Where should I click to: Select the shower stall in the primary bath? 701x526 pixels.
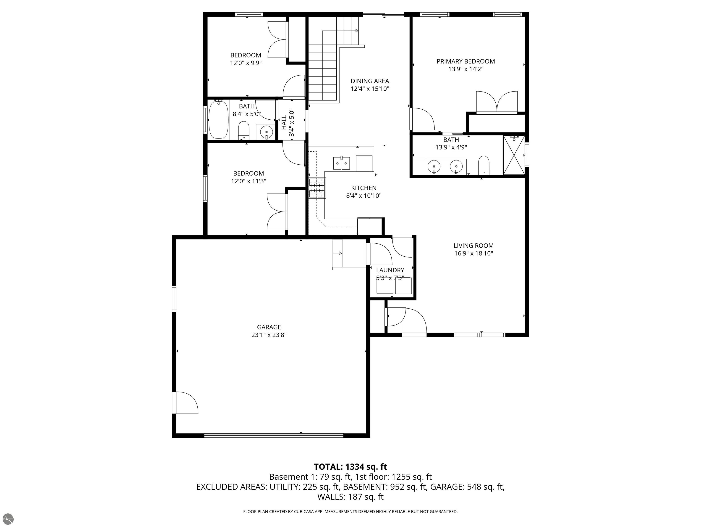(x=514, y=155)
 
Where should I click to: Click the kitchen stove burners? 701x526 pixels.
(x=317, y=188)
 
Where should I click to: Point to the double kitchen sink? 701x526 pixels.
(x=341, y=163)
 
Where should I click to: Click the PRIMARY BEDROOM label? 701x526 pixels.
(x=465, y=61)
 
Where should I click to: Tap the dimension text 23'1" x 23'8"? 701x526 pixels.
(x=269, y=335)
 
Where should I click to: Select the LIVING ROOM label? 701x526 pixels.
(x=473, y=245)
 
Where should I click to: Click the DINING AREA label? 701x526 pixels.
(x=369, y=81)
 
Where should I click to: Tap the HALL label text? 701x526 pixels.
(x=284, y=122)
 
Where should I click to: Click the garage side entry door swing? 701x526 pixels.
(x=186, y=403)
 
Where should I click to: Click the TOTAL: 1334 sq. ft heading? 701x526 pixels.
(x=350, y=467)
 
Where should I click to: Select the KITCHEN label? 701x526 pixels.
(x=364, y=188)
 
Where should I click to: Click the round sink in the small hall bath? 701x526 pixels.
(x=266, y=131)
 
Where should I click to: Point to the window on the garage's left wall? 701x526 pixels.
(x=174, y=298)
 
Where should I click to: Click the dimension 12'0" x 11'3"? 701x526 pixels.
(x=248, y=181)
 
